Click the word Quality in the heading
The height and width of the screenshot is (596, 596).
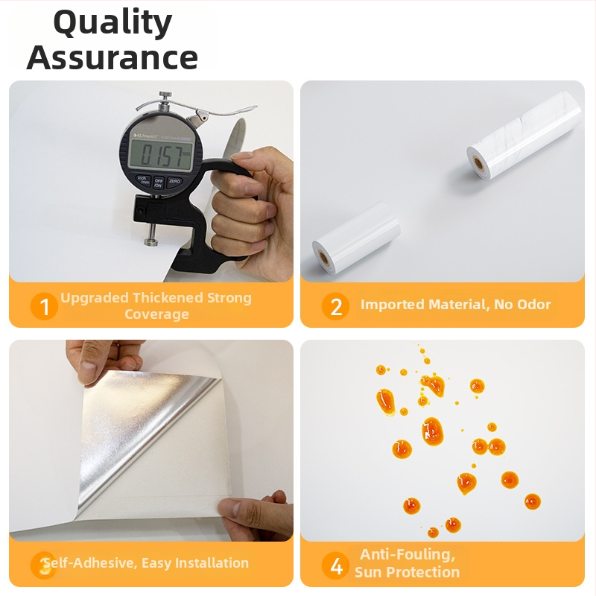click(x=113, y=23)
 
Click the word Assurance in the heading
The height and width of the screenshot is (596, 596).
click(x=112, y=57)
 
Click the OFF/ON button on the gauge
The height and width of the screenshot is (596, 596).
click(x=159, y=183)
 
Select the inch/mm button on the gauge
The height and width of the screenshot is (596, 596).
click(x=143, y=180)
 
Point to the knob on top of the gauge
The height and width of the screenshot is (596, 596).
click(x=165, y=95)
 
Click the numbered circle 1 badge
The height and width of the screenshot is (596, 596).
click(x=44, y=306)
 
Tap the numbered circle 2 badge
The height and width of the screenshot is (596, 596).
click(x=336, y=306)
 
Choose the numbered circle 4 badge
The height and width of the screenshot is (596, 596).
click(x=336, y=566)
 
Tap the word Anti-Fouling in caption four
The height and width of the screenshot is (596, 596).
click(x=408, y=554)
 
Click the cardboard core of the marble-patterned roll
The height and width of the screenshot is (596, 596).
click(x=478, y=164)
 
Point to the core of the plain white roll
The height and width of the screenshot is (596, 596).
click(x=324, y=259)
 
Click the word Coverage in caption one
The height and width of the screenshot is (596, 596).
click(x=156, y=314)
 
